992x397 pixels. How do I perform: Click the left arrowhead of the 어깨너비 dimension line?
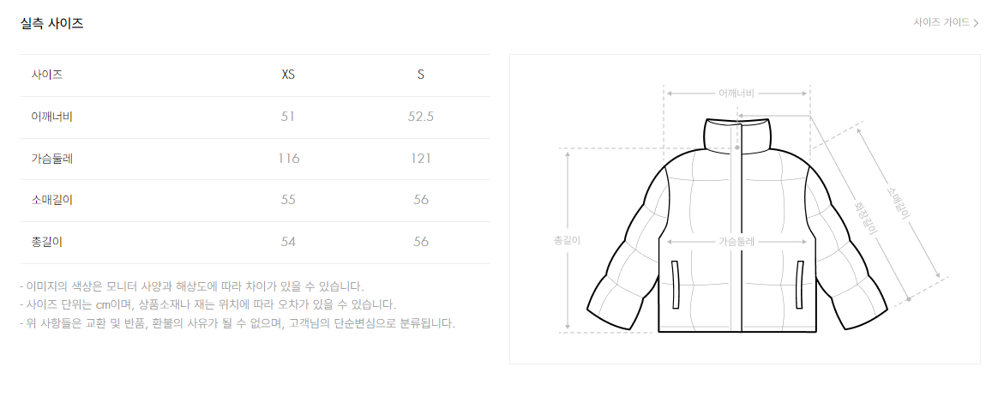(x=670, y=93)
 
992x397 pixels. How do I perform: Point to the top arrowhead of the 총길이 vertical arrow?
(x=568, y=153)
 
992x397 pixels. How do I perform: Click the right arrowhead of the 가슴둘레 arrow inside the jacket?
(x=804, y=241)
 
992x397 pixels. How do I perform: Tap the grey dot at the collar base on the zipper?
(x=737, y=147)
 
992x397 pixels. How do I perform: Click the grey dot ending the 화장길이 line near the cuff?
(x=908, y=298)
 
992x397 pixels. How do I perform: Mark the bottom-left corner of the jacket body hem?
(x=658, y=331)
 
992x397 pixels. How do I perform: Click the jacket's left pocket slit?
(x=676, y=285)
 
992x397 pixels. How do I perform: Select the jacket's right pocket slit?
(x=800, y=285)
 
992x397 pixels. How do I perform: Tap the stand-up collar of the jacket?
(x=738, y=135)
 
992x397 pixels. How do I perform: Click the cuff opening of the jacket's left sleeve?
(x=610, y=320)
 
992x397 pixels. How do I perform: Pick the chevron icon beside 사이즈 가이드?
(x=977, y=23)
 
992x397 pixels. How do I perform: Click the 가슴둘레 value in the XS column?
(x=288, y=159)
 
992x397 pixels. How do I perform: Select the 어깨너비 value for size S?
(x=421, y=117)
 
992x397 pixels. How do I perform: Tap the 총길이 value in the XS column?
(x=288, y=242)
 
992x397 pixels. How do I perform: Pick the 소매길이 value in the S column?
(x=421, y=200)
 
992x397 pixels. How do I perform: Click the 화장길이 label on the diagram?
(x=864, y=218)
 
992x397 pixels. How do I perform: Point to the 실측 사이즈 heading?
(x=52, y=24)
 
